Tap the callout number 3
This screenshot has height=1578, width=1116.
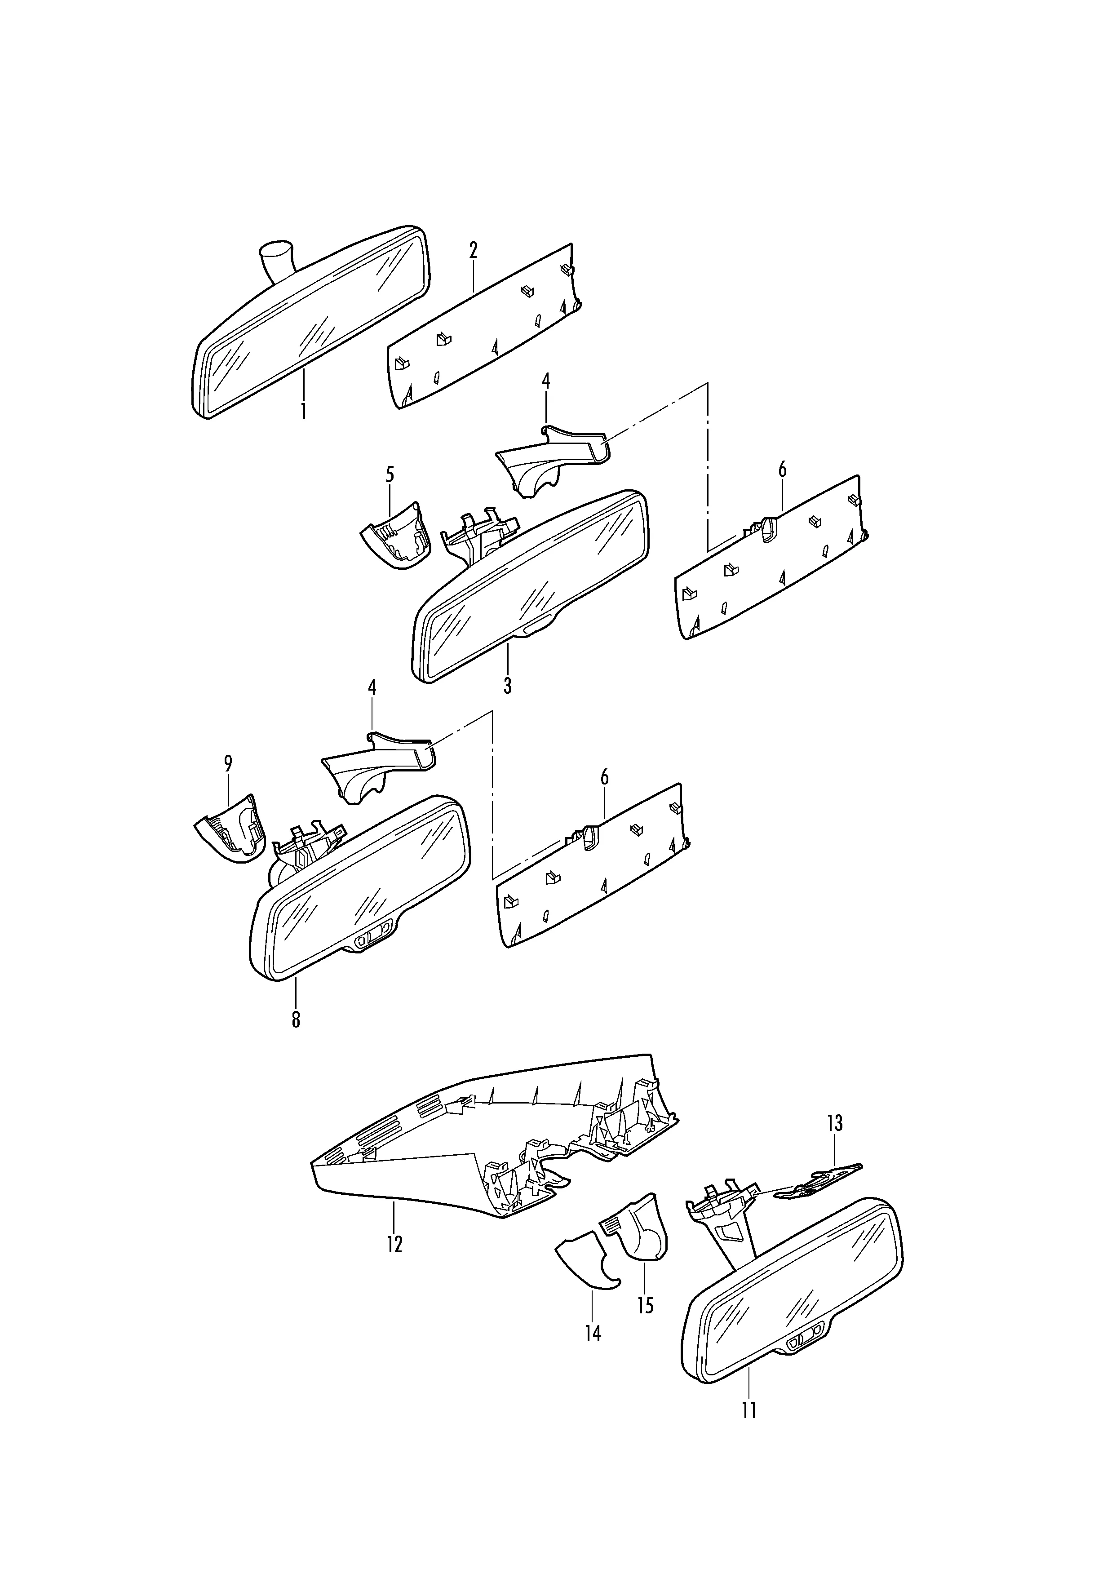[x=507, y=685]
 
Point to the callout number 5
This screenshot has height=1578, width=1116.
[x=390, y=474]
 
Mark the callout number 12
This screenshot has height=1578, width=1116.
[x=394, y=1244]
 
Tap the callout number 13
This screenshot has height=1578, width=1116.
[x=834, y=1124]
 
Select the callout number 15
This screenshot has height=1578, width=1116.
[x=645, y=1305]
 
